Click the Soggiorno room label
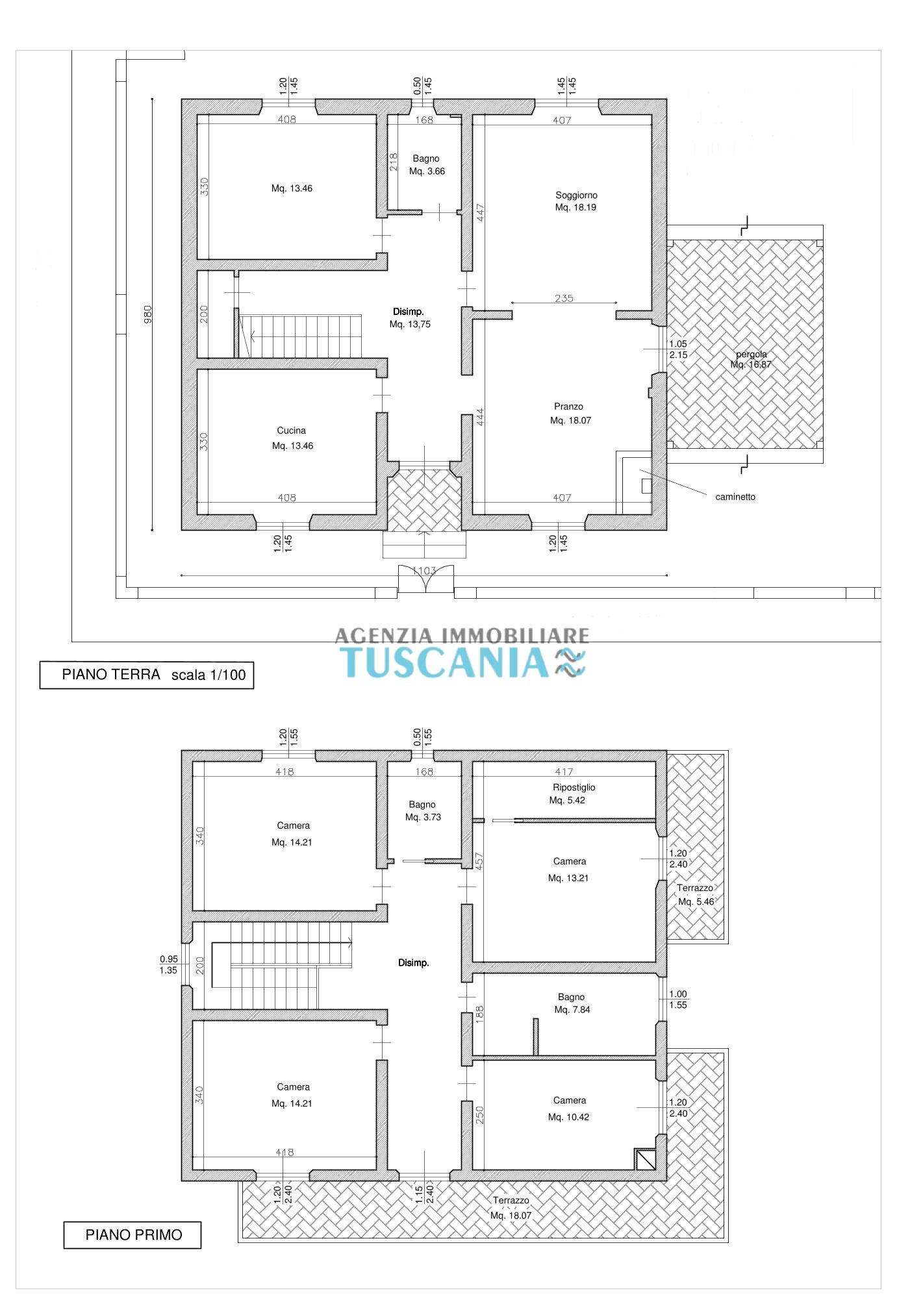coord(576,195)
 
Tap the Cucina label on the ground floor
coord(291,431)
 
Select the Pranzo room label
coord(568,407)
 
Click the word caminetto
coord(735,497)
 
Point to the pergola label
coord(752,355)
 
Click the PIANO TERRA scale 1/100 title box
coord(147,675)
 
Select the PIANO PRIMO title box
coord(133,1235)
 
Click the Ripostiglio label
coord(570,788)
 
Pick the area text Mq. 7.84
coord(572,1010)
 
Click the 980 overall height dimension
coord(148,314)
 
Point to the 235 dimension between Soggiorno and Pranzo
coord(564,298)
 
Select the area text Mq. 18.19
coord(575,208)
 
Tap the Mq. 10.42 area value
coord(568,1117)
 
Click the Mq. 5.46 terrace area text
coord(696,901)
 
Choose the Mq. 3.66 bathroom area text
coord(427,171)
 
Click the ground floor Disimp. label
coord(409,312)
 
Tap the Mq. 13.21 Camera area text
coord(569,878)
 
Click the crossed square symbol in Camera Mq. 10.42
coord(644,1159)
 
